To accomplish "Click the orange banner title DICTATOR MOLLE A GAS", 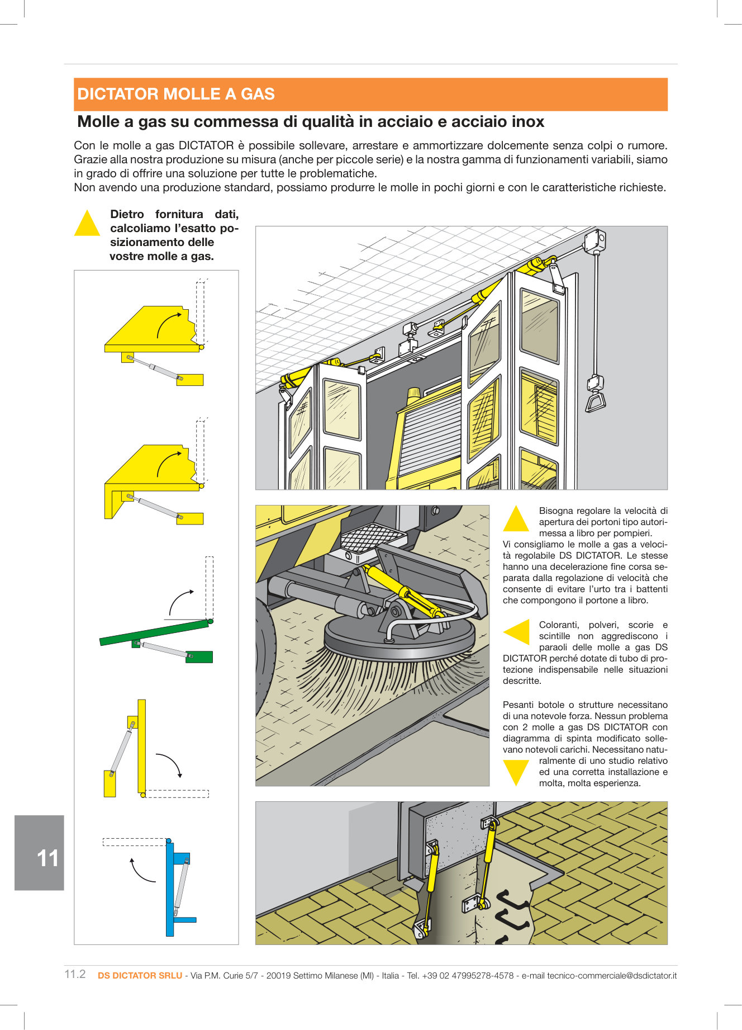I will tap(176, 94).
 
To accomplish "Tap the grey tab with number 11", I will tap(40, 852).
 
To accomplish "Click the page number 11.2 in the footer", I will tap(75, 974).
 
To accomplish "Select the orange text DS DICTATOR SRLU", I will tap(140, 975).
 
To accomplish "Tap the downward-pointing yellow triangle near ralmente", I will tap(516, 772).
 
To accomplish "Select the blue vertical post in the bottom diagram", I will tap(170, 889).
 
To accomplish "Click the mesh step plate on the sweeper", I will tap(373, 537).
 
